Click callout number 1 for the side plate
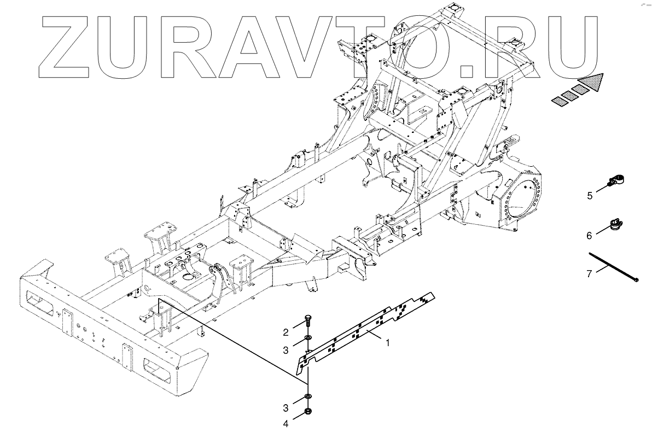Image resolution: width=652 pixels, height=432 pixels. (x=388, y=343)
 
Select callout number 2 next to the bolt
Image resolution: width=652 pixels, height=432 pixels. (x=285, y=332)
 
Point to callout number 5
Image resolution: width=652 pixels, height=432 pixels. (x=590, y=195)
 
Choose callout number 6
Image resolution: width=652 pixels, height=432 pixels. (x=589, y=236)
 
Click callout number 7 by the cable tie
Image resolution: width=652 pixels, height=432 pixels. (x=589, y=274)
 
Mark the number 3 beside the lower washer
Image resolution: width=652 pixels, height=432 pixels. (x=285, y=407)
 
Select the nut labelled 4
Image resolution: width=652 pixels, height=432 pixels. (x=307, y=411)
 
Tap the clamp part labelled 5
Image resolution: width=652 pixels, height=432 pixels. (x=616, y=180)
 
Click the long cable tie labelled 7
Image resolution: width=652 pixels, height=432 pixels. (x=613, y=266)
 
